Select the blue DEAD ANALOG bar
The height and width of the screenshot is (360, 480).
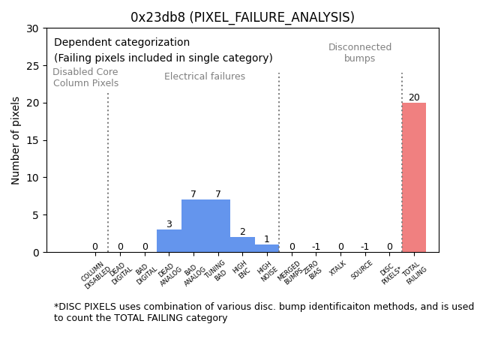[169, 241]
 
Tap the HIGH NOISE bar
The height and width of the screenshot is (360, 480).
[266, 248]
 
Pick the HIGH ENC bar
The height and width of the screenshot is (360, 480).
[242, 244]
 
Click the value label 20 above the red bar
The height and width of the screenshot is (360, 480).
[414, 97]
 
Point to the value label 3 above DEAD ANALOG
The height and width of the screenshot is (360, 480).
[169, 224]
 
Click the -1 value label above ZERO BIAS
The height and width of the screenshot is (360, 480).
[316, 247]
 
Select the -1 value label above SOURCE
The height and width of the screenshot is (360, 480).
[364, 247]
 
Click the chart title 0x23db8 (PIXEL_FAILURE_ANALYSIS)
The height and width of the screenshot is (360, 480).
[242, 17]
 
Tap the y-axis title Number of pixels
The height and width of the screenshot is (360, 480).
[16, 140]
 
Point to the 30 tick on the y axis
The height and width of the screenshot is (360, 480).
[31, 28]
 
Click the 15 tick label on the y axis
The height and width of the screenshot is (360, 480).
[31, 140]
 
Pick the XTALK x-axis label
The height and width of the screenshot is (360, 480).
[337, 268]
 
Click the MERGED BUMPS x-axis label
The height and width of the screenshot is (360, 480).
[291, 273]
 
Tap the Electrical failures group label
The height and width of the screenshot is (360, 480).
[205, 76]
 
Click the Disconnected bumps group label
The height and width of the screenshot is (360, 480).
[360, 52]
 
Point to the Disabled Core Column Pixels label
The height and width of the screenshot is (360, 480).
[85, 77]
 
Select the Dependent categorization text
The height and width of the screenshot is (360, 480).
[121, 43]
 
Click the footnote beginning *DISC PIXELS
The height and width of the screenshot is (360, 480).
[263, 312]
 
